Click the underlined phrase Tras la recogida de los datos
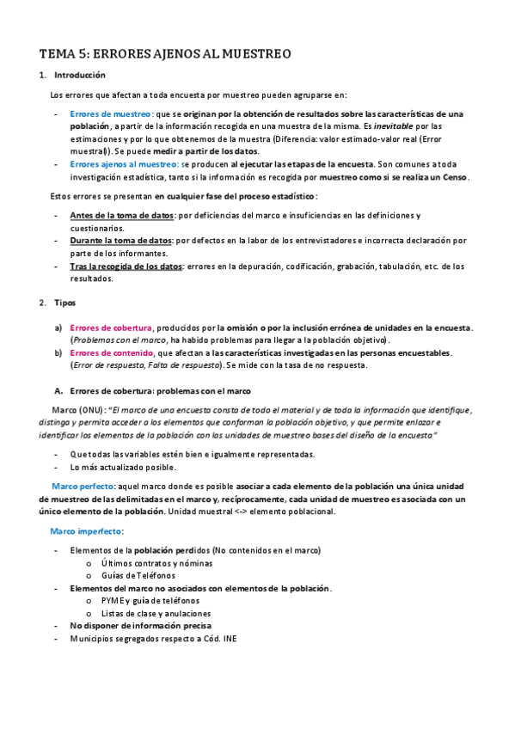pyautogui.click(x=126, y=266)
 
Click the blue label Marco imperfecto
pyautogui.click(x=87, y=531)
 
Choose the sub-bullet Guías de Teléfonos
pyautogui.click(x=138, y=575)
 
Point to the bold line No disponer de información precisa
pyautogui.click(x=141, y=626)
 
